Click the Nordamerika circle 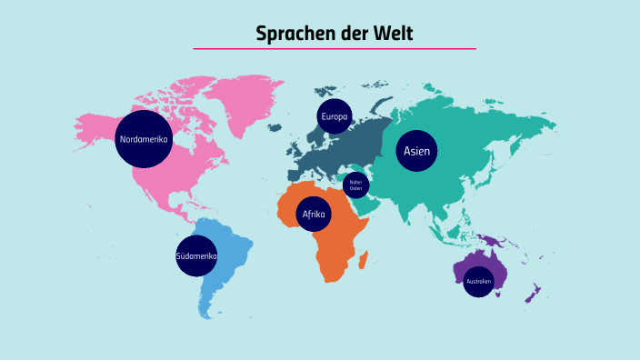point(144,139)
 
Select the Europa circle point(334,116)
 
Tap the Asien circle point(416,151)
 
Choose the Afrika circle point(314,215)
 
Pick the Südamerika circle point(196,256)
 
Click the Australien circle point(478,282)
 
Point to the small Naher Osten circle point(355,185)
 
